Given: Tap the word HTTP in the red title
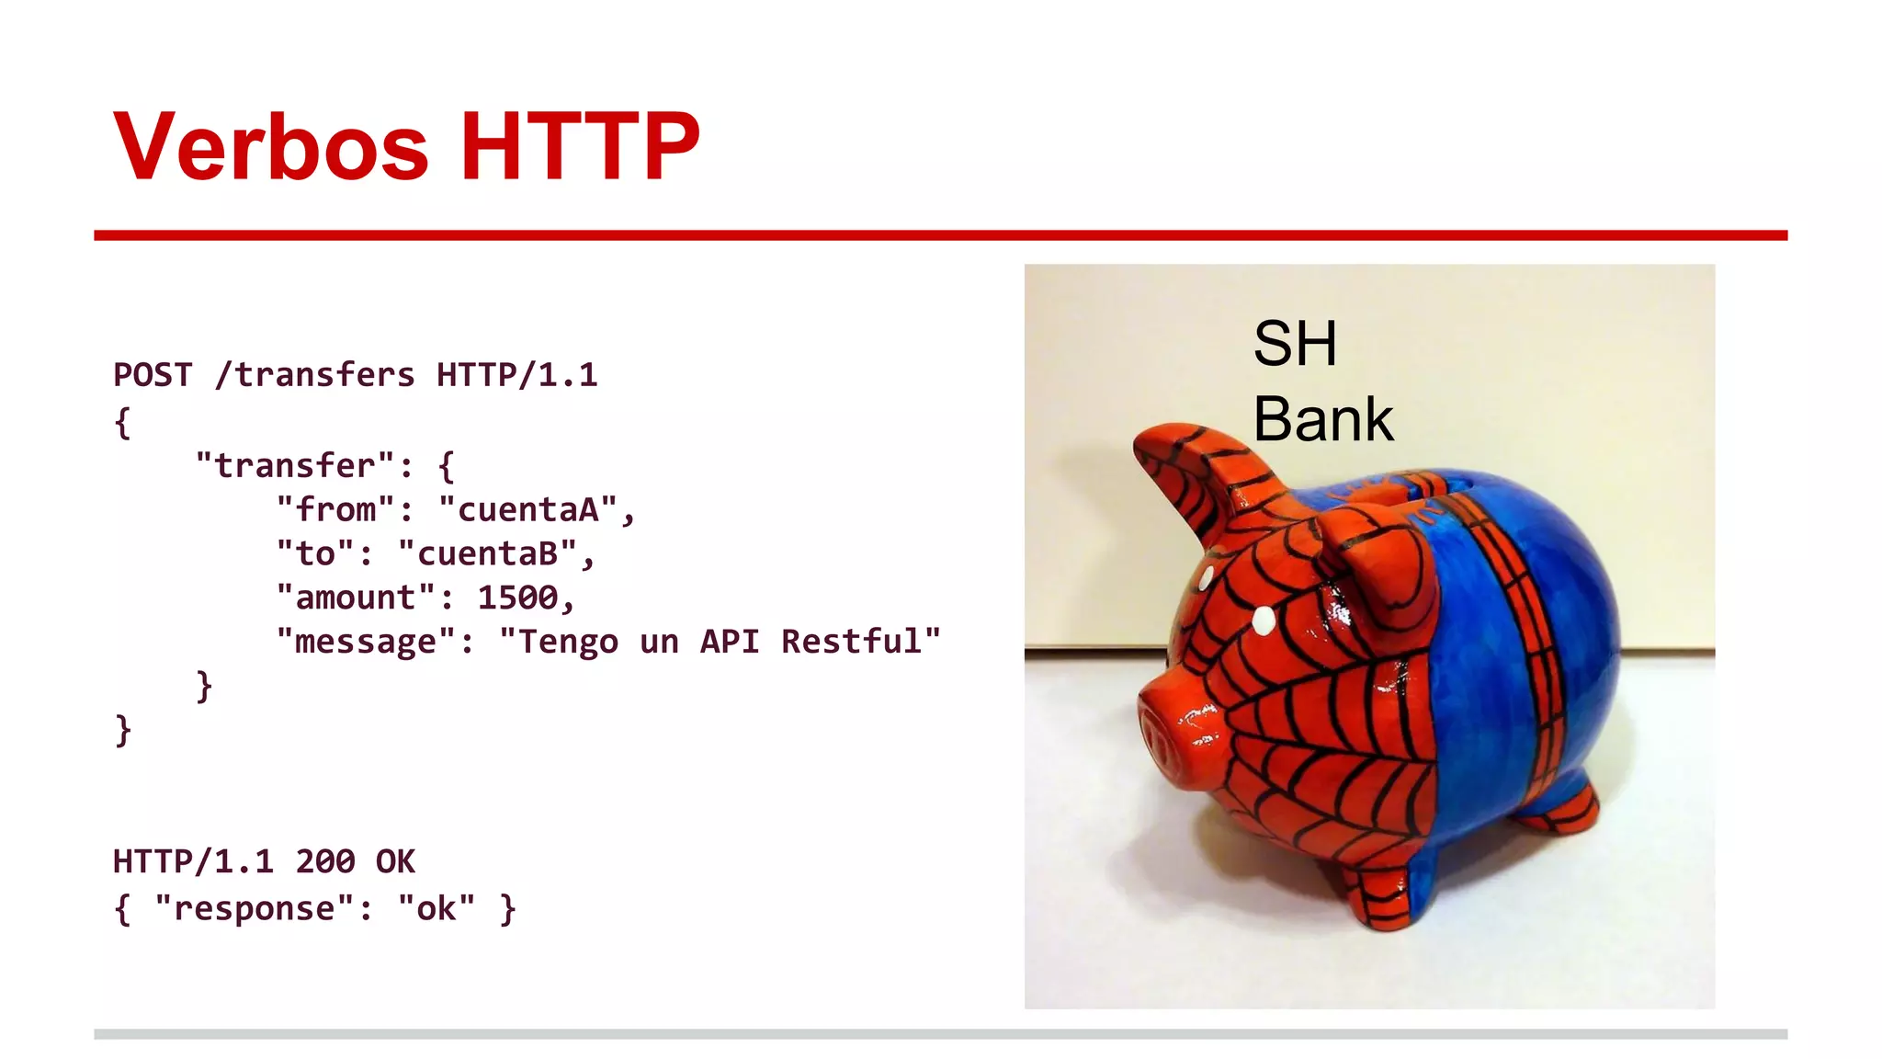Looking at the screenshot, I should (x=580, y=147).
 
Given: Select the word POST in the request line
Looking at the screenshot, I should (x=153, y=375).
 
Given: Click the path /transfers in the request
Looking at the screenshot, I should (x=314, y=375).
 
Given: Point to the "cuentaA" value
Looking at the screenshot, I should (x=527, y=509).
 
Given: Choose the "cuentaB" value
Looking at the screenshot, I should (x=487, y=553).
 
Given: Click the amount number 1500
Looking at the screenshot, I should (x=517, y=598).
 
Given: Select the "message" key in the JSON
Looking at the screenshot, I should (x=366, y=642).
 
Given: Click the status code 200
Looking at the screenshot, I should (x=325, y=861).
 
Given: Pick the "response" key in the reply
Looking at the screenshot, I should (x=254, y=908).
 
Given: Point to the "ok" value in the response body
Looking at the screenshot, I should (x=436, y=908).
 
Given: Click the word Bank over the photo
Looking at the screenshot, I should (x=1323, y=419).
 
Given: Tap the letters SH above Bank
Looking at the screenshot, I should (x=1295, y=344).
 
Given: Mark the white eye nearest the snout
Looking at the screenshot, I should (x=1264, y=621).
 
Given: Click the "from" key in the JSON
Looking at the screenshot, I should (x=335, y=509).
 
